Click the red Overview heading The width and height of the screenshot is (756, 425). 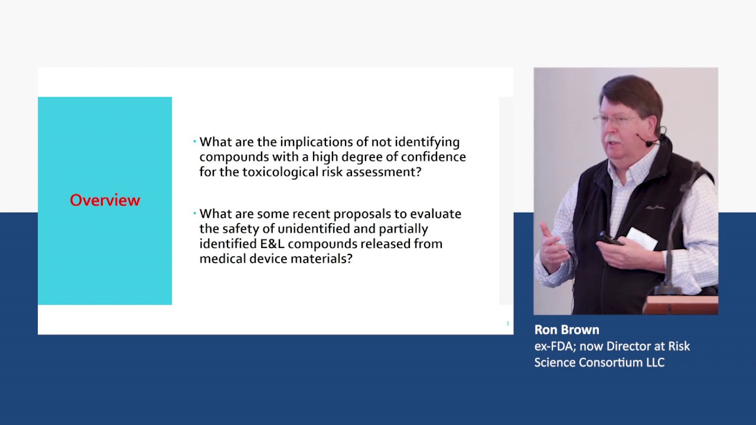[105, 201]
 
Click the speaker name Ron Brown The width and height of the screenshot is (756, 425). [566, 330]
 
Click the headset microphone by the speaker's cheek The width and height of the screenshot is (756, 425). [649, 143]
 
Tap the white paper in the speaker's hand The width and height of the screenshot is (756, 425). [641, 239]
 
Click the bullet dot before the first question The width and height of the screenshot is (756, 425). [195, 142]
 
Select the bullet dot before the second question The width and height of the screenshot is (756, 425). [195, 214]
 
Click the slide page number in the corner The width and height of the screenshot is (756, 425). [507, 323]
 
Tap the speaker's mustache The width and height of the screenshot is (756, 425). [611, 139]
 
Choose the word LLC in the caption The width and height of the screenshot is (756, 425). [655, 362]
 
